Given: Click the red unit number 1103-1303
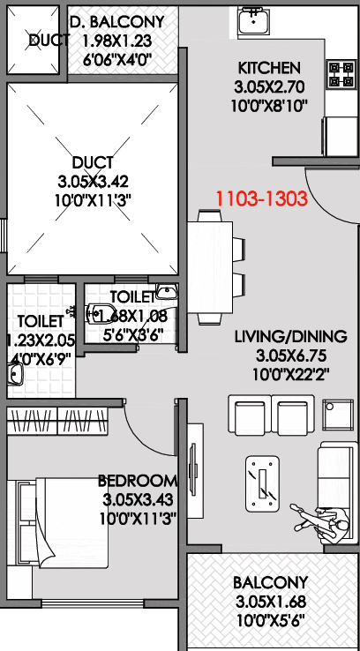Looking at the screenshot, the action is (261, 198).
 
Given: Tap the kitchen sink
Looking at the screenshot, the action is (254, 21).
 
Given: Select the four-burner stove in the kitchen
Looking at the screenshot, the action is (336, 74).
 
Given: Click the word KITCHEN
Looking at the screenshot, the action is (268, 68).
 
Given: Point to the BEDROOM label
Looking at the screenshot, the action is (138, 481).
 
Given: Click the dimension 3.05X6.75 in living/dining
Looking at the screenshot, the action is (291, 355).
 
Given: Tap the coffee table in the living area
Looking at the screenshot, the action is (262, 483).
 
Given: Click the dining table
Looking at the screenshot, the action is (210, 267).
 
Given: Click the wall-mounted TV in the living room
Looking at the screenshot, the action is (193, 468).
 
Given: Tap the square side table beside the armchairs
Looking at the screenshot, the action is (339, 415).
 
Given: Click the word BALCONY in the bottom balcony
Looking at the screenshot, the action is (271, 582).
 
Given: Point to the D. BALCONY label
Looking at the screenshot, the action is (117, 21).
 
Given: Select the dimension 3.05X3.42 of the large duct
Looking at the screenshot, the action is (94, 182).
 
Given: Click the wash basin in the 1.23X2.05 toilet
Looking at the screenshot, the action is (16, 374).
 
